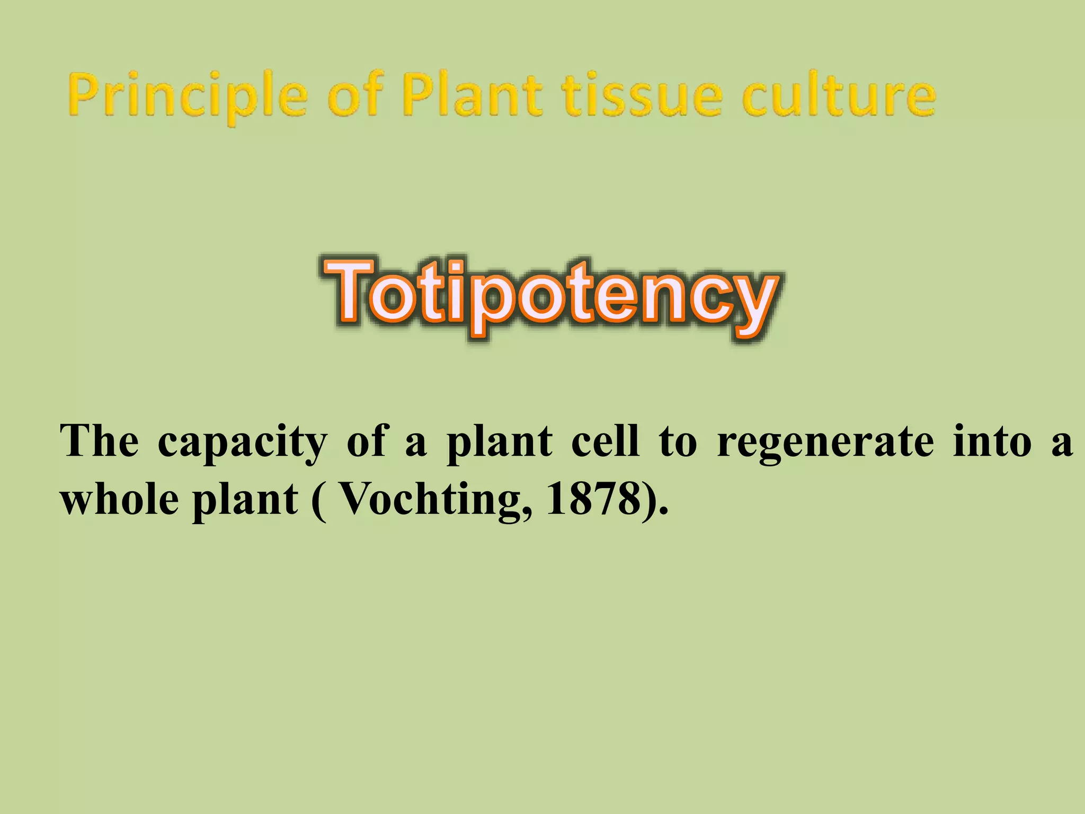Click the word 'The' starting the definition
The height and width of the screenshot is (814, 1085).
pos(100,441)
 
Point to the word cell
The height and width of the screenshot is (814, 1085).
pos(605,441)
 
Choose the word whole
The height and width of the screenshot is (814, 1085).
pos(119,499)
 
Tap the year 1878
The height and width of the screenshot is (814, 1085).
pos(592,499)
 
